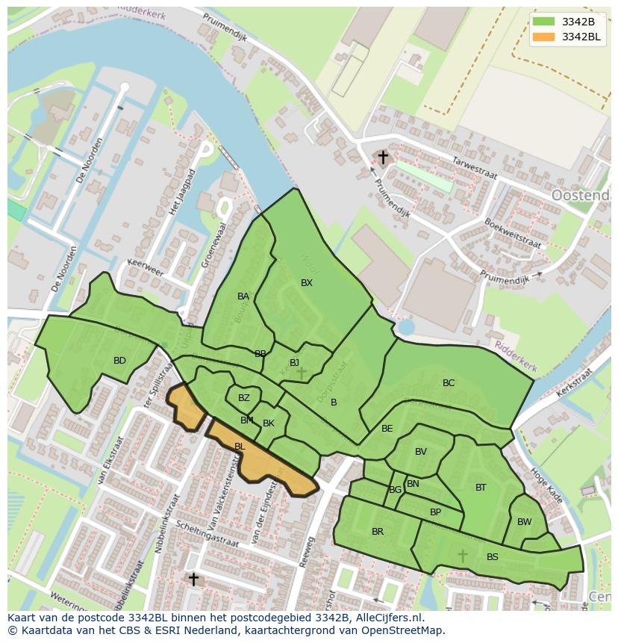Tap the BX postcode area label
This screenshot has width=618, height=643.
coord(307,283)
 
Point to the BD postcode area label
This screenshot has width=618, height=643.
coord(119,361)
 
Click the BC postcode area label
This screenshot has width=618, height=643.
coord(449,383)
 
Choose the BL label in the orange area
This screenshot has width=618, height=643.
coord(240,447)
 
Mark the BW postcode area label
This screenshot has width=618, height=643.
coord(525,522)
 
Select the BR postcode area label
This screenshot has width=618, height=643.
coord(378,532)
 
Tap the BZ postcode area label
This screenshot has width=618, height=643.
coord(244,398)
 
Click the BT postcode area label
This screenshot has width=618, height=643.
coord(481,488)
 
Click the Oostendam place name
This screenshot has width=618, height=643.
coord(581,196)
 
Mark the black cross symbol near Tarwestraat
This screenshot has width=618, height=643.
coord(383,158)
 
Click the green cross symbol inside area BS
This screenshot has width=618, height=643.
coord(462,555)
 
